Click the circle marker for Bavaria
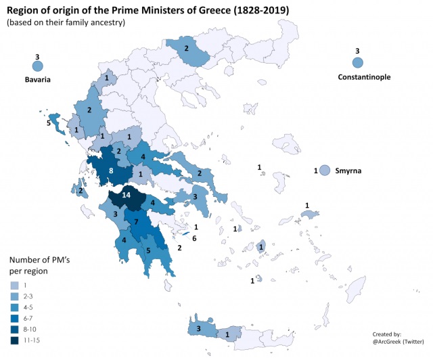pyautogui.click(x=37, y=66)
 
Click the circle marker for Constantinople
pyautogui.click(x=358, y=63)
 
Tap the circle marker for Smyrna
pyautogui.click(x=325, y=171)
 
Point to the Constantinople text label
pyautogui.click(x=364, y=77)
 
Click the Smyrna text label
pyautogui.click(x=348, y=171)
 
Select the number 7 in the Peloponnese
pyautogui.click(x=135, y=223)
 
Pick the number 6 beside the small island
pyautogui.click(x=194, y=238)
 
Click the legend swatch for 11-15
pyautogui.click(x=15, y=340)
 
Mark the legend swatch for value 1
pyautogui.click(x=15, y=286)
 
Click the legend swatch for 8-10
pyautogui.click(x=15, y=329)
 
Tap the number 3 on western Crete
pyautogui.click(x=198, y=329)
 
